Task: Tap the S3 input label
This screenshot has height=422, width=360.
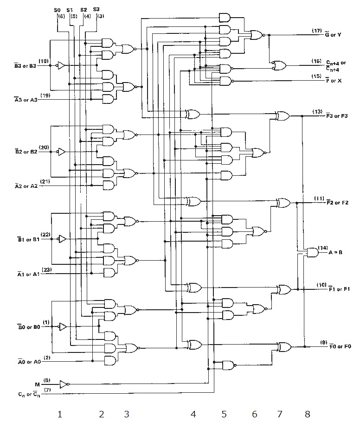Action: coord(96,9)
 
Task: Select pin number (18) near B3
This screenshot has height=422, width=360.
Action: coord(44,61)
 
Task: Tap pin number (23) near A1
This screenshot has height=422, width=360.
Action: coord(46,269)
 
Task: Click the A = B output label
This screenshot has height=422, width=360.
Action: coord(336,253)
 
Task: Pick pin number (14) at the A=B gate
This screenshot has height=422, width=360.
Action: coord(322,248)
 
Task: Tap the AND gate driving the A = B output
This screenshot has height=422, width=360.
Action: coord(313,253)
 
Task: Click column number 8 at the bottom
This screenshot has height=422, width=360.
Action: coord(307,414)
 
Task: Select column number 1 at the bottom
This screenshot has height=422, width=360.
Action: coord(59,414)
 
